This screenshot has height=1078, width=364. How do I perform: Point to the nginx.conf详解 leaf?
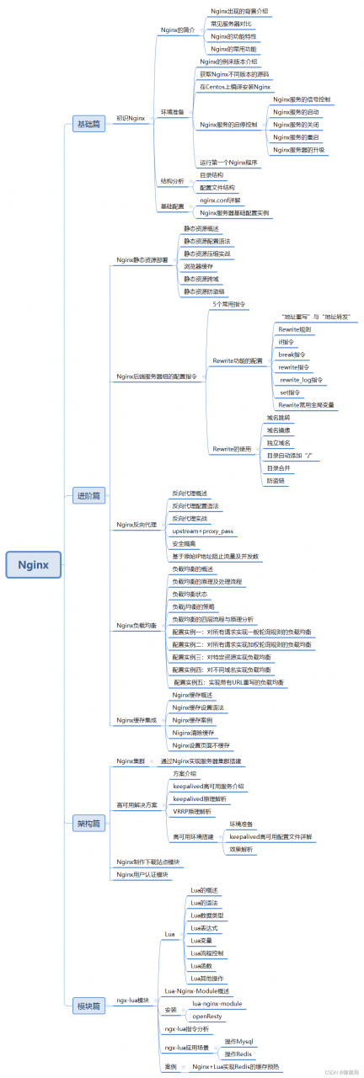click(x=220, y=200)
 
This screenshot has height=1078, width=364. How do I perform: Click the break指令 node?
click(x=292, y=355)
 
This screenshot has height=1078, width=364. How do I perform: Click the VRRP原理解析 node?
click(x=192, y=811)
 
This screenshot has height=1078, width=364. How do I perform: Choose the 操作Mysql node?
click(x=240, y=1042)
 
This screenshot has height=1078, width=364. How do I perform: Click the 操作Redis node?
click(x=239, y=1054)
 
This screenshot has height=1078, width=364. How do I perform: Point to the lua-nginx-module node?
click(x=217, y=1004)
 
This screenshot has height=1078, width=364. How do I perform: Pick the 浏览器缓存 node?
click(x=198, y=266)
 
